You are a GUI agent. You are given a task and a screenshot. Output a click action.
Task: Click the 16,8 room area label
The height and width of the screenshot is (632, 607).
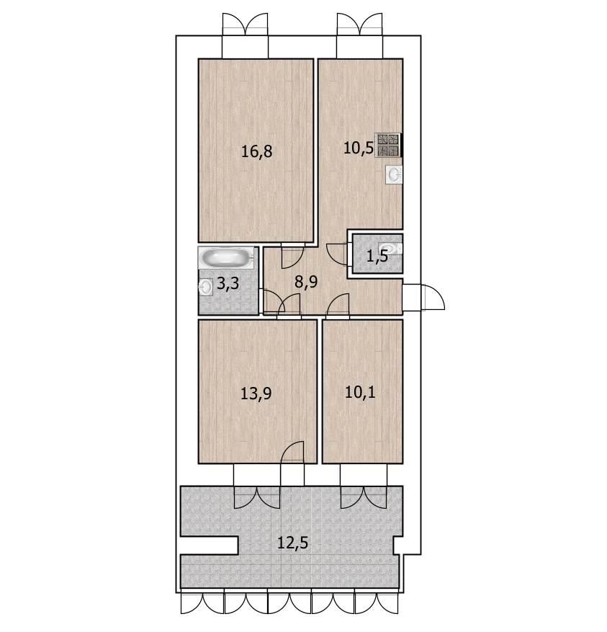256,151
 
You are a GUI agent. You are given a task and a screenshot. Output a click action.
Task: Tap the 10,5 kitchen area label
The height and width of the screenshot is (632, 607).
359,148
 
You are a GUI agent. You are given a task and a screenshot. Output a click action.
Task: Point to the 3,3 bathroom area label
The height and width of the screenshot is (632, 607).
228,284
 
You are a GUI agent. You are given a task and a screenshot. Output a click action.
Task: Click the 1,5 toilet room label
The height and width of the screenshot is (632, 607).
377,256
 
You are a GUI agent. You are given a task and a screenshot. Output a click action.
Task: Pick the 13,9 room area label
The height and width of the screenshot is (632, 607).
256,393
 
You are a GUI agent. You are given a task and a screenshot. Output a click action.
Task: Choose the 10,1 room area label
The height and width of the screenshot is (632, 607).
360,392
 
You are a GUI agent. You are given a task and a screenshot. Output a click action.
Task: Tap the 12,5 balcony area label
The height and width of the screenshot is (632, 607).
293,543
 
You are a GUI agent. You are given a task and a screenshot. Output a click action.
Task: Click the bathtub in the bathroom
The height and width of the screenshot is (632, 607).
226,258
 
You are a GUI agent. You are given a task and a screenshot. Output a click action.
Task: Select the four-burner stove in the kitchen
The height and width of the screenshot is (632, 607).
388,145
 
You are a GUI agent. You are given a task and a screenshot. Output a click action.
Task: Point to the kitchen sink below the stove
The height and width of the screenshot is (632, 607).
394,174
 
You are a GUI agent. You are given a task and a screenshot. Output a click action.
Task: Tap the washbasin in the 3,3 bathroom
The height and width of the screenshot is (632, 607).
205,288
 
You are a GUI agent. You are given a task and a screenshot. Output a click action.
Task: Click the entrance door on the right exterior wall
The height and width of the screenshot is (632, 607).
423,298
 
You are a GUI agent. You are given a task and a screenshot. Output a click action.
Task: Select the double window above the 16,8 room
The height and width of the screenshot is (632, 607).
246,25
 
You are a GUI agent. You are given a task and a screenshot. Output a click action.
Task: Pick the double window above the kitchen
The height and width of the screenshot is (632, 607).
360,25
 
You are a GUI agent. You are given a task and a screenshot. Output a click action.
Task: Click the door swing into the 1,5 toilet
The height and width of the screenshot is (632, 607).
338,254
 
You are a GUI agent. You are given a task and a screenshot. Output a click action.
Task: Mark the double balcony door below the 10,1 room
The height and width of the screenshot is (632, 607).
364,497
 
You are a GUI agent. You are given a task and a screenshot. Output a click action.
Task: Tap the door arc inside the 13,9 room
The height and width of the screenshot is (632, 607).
292,452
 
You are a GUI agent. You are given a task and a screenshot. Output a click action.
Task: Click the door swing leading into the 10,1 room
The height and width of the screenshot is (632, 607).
338,305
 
